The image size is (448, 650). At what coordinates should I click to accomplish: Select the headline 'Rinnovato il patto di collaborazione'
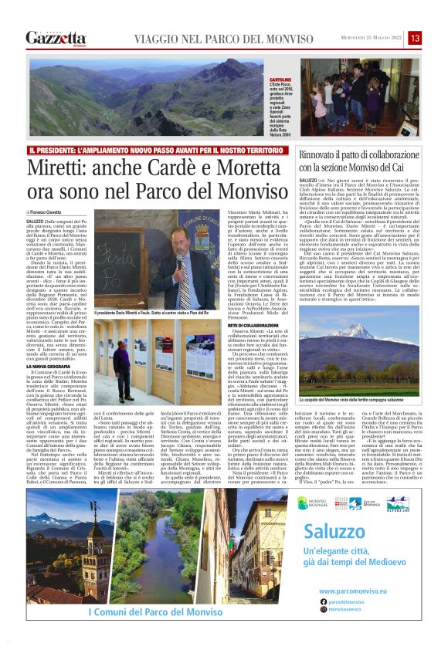click(x=364, y=156)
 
